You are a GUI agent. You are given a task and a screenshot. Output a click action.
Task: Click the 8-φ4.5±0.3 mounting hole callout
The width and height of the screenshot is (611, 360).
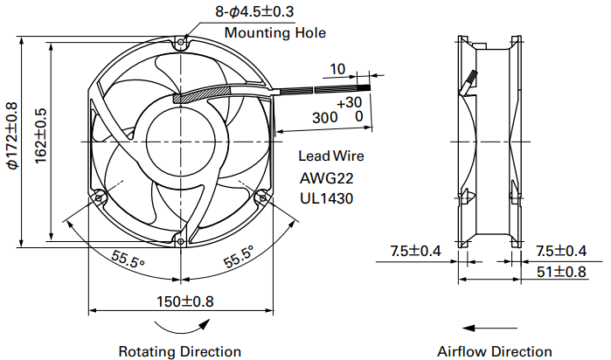[254, 11]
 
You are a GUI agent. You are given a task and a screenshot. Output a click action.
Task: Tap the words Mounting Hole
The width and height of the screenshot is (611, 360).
[275, 32]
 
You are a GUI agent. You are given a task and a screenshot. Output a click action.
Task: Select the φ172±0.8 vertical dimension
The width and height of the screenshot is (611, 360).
[12, 135]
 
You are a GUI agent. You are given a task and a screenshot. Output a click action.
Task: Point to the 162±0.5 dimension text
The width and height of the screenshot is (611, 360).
[41, 135]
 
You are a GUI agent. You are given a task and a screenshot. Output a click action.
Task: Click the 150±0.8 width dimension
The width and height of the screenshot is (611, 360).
[185, 301]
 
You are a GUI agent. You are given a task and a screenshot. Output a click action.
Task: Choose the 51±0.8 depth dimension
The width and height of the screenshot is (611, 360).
[561, 272]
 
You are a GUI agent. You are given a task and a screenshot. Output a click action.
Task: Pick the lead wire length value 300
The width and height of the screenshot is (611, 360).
[325, 117]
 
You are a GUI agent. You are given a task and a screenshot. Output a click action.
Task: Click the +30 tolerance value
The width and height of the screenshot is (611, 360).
[350, 102]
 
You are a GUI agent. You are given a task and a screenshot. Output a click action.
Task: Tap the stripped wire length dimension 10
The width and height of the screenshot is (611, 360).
[337, 69]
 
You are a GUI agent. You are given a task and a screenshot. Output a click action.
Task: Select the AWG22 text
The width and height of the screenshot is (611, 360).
[327, 178]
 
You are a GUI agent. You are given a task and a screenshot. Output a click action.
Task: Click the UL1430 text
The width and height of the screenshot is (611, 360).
[327, 198]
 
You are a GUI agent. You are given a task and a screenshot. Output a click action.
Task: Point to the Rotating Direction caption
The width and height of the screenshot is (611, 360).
[180, 351]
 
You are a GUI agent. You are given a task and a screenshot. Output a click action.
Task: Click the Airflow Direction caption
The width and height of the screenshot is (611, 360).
[495, 351]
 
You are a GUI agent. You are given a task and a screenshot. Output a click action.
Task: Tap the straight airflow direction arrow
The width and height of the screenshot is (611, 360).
[489, 328]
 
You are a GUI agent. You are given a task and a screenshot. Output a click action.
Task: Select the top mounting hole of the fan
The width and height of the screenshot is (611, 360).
[181, 42]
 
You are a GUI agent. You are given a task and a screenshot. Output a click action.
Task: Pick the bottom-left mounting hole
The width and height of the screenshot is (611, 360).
[99, 198]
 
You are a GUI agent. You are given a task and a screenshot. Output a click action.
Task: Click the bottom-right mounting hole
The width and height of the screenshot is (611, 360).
[263, 198]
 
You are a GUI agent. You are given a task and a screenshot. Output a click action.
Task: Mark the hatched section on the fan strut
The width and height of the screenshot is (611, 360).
[201, 94]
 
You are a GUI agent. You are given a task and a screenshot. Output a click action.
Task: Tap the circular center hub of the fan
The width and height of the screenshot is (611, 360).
[181, 142]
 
